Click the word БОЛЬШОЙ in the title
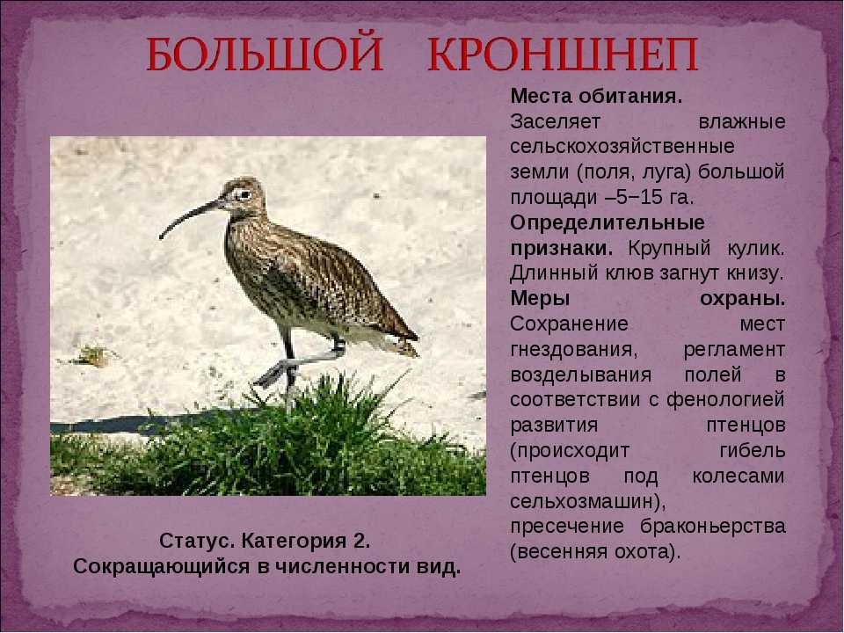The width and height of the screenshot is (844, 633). point(265,55)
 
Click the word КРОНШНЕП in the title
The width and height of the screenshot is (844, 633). point(563,55)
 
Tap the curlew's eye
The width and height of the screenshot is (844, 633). point(244,194)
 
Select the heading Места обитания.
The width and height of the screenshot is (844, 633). point(596,97)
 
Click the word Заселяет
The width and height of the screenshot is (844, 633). point(555,121)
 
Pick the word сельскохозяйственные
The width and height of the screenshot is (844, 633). point(622,147)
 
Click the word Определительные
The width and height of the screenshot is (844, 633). point(608,222)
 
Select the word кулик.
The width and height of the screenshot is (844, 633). point(752,248)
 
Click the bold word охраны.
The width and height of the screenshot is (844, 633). point(742,299)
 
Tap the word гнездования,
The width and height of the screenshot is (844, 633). point(574,350)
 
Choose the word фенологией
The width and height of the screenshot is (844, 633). point(725,400)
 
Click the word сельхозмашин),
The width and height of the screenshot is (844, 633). point(588,502)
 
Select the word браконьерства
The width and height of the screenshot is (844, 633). point(713,527)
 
